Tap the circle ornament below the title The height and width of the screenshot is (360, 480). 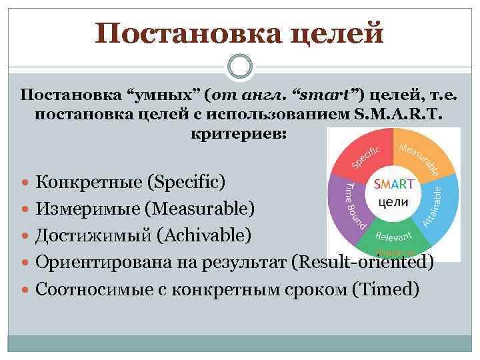coord(240,67)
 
